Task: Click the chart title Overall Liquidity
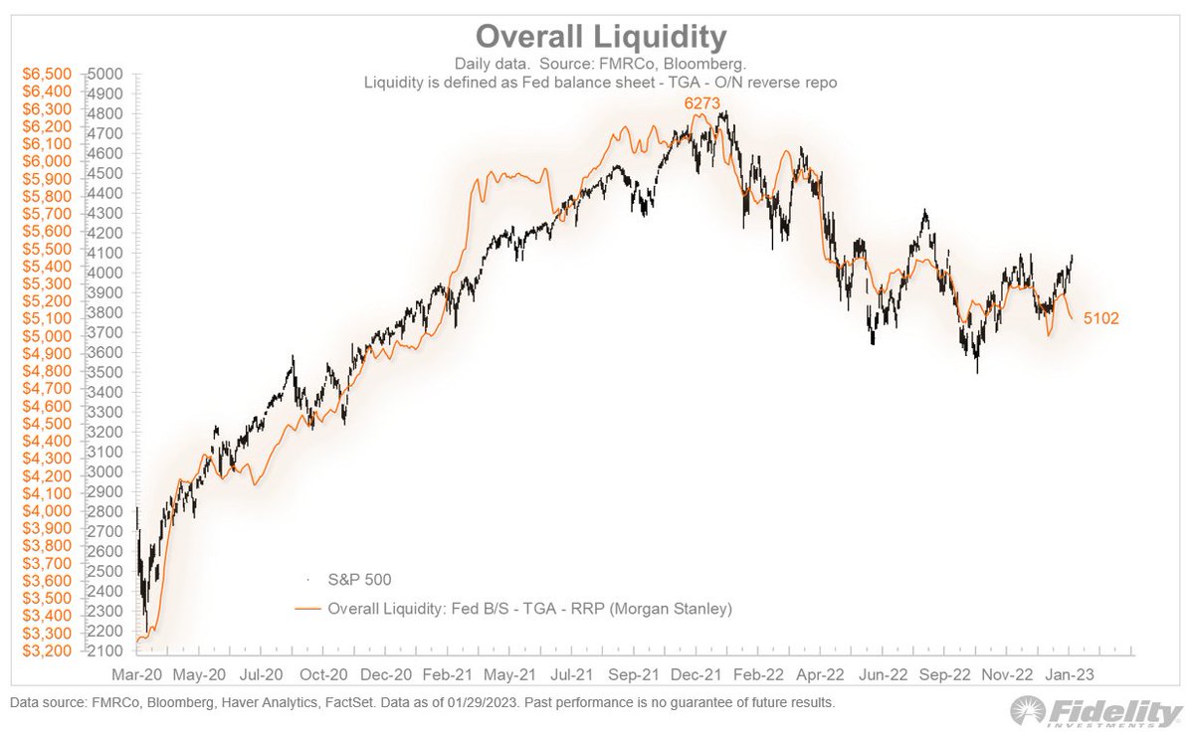600,37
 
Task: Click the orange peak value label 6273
698,103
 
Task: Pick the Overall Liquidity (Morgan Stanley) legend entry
528,607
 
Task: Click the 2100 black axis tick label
104,651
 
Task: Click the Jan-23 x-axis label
1070,674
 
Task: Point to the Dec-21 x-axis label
697,674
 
